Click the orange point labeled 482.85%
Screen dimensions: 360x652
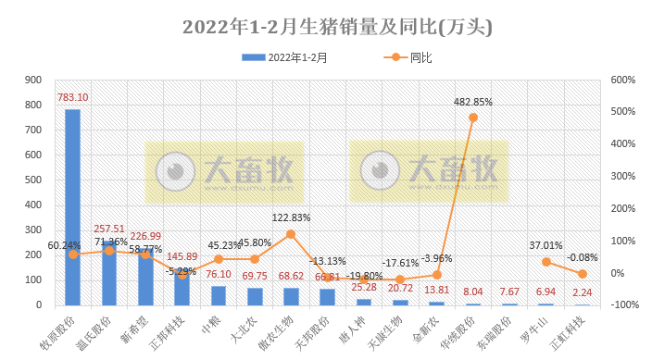(x=473, y=118)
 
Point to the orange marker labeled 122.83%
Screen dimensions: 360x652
(x=291, y=234)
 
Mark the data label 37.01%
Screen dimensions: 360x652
(x=545, y=246)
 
